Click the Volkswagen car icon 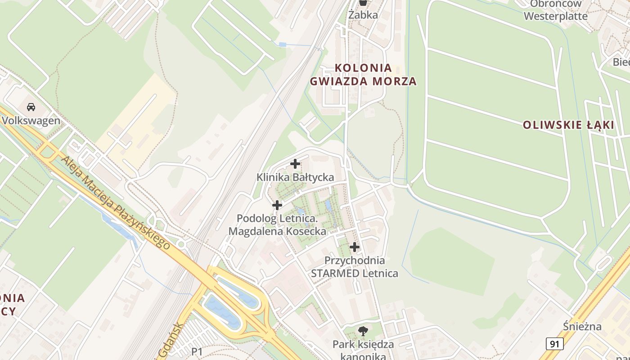point(31,107)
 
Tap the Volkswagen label point(31,121)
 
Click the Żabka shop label point(363,14)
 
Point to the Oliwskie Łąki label point(568,125)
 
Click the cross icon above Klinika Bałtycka point(295,164)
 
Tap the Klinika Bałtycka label point(295,177)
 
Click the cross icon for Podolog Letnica point(277,205)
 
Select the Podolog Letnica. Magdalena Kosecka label point(277,225)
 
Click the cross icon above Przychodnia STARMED point(355,247)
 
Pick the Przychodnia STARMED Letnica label point(355,267)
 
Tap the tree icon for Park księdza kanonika point(363,332)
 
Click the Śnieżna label point(582,326)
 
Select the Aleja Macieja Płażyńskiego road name point(116,202)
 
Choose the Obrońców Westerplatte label point(556,10)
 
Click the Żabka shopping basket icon point(363,3)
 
